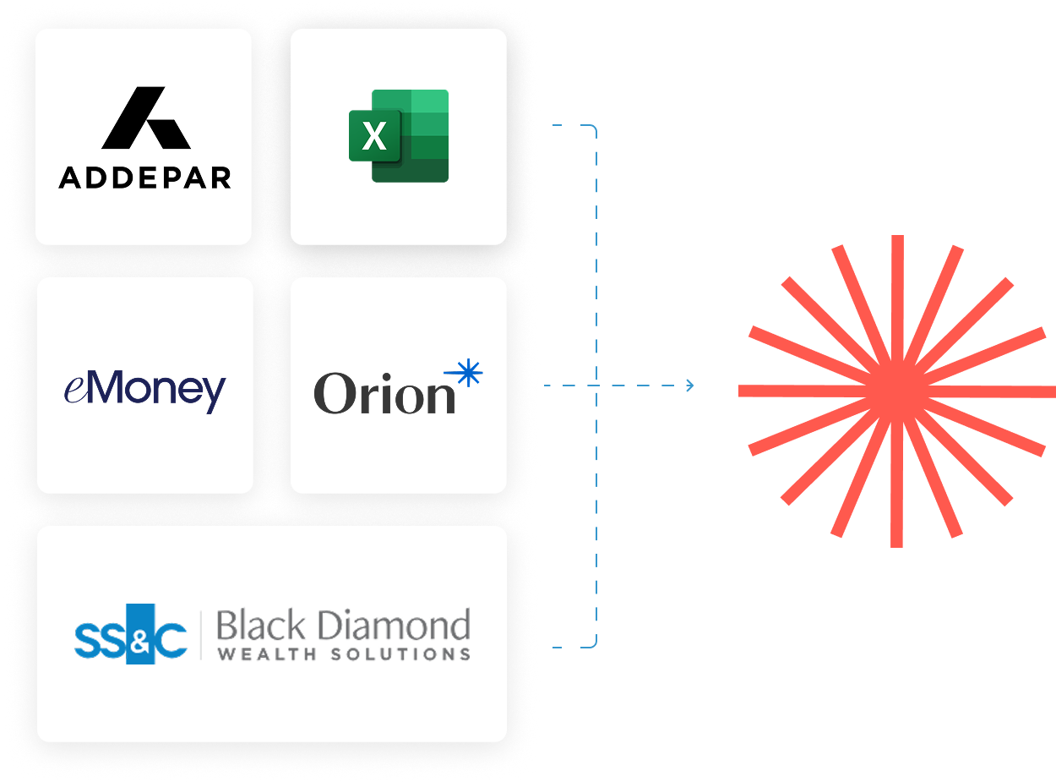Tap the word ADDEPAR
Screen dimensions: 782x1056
(144, 178)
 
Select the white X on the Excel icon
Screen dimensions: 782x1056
(374, 135)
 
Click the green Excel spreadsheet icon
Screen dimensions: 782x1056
(399, 135)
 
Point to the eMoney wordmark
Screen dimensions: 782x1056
(144, 390)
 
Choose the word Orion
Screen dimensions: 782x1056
(384, 394)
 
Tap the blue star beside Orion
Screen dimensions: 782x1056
(467, 373)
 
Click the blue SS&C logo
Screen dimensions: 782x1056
(130, 634)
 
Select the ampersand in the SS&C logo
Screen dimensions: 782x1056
(139, 636)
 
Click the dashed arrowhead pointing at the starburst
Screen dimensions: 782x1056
(690, 386)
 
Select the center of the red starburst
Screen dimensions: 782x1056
(897, 391)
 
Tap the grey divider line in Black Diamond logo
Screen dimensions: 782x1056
(201, 634)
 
